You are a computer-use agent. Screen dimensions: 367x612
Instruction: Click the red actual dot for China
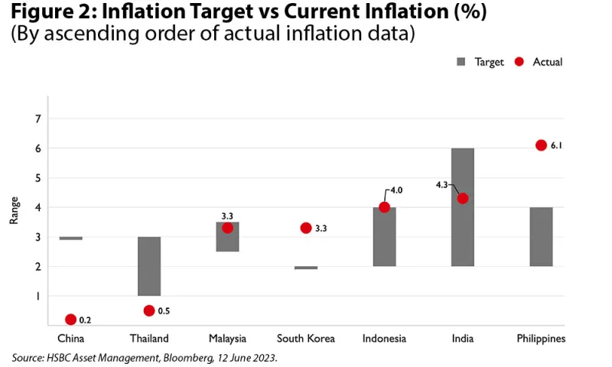tap(71, 320)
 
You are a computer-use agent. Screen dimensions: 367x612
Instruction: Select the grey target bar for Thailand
tap(149, 266)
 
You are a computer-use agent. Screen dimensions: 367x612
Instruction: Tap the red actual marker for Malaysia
tap(227, 228)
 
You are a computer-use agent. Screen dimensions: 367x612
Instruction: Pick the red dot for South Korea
tap(306, 228)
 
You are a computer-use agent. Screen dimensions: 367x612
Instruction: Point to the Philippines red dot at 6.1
tap(541, 145)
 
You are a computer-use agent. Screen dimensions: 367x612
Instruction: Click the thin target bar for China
tap(71, 238)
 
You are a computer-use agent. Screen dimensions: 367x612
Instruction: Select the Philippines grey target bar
tap(541, 237)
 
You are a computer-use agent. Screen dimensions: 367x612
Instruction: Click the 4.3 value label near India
tap(442, 184)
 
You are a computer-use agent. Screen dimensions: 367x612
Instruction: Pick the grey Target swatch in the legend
tap(461, 62)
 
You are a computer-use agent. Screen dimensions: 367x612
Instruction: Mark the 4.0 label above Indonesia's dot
tap(396, 190)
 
